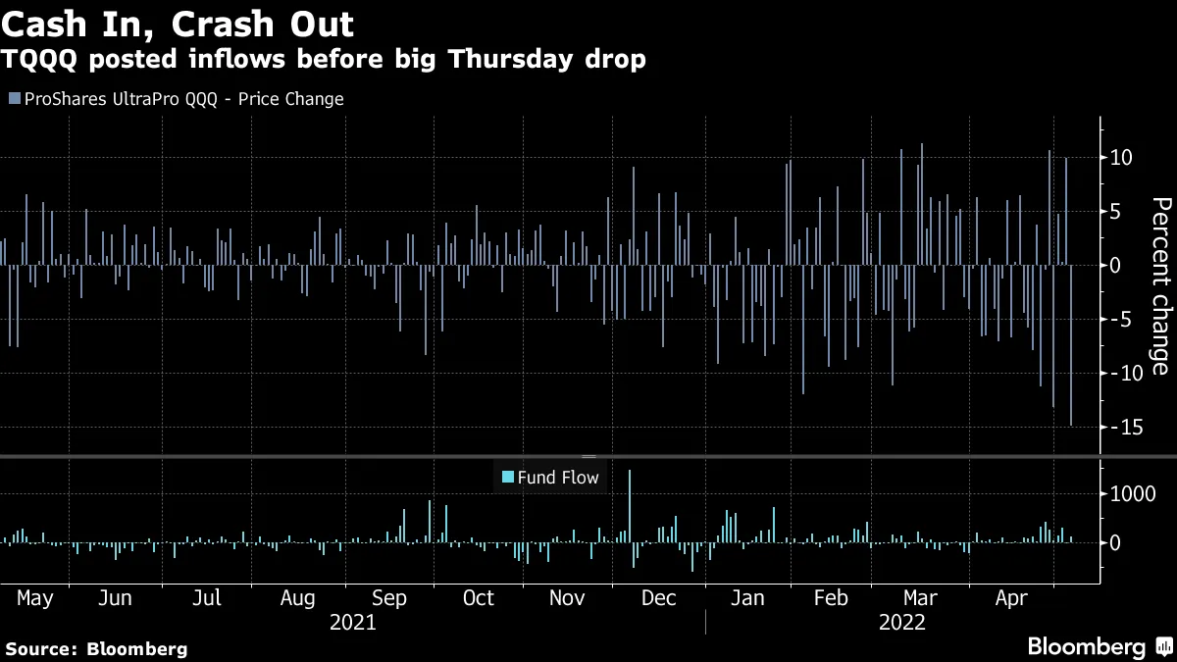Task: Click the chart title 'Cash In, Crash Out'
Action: pyautogui.click(x=179, y=24)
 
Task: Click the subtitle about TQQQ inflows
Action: pyautogui.click(x=325, y=60)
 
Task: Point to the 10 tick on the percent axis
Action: pyautogui.click(x=1122, y=158)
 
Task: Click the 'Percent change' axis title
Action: pyautogui.click(x=1161, y=285)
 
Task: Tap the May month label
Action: pyautogui.click(x=35, y=598)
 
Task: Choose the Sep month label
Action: pyautogui.click(x=389, y=598)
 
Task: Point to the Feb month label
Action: pyautogui.click(x=832, y=598)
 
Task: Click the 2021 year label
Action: pyautogui.click(x=353, y=622)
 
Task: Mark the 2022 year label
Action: pyautogui.click(x=902, y=622)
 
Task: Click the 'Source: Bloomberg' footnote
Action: pyautogui.click(x=96, y=648)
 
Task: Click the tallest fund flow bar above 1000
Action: pyautogui.click(x=630, y=506)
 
